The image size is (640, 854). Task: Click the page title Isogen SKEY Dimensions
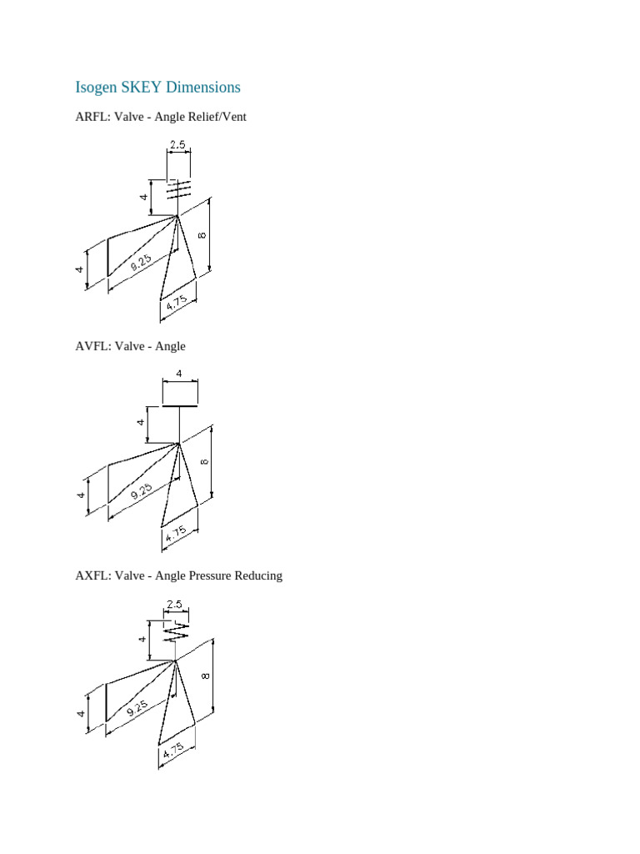157,88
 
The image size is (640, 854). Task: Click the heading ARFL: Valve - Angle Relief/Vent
161,118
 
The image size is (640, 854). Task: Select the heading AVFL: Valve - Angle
130,346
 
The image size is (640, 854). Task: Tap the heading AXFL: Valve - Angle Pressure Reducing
178,575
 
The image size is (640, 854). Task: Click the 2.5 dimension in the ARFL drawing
177,144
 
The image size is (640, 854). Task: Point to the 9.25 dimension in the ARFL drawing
141,264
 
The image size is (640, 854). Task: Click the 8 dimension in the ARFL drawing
202,235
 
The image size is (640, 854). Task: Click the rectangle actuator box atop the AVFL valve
179,393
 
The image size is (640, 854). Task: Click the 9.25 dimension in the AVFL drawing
141,492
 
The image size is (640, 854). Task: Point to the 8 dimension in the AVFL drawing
204,461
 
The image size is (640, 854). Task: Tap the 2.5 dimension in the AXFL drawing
174,604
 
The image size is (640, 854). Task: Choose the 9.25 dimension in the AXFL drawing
138,709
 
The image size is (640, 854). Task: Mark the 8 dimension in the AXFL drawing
203,676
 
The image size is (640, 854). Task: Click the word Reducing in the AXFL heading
257,575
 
